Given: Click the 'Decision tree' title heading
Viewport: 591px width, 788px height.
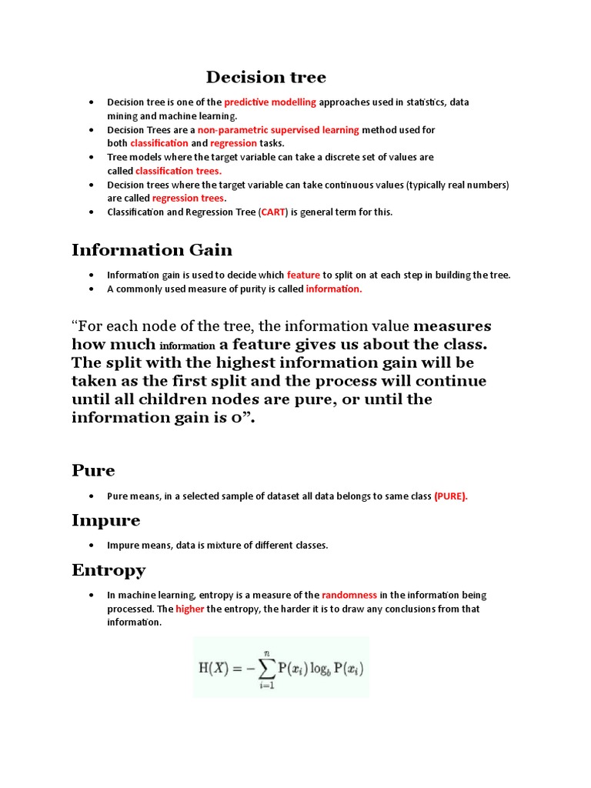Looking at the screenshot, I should pos(265,77).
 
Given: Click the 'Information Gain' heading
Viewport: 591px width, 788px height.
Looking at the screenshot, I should pos(152,249).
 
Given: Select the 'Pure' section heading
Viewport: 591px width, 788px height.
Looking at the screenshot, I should pos(93,470).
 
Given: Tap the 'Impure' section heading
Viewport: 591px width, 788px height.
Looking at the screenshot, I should pos(105,520).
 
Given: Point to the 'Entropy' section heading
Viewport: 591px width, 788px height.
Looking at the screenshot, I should pos(109,570).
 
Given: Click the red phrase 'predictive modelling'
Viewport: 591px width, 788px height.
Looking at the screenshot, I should pos(270,102).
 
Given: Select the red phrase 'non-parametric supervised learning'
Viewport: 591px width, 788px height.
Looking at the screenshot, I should pos(279,130).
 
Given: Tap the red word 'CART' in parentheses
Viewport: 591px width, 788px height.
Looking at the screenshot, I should pos(273,212).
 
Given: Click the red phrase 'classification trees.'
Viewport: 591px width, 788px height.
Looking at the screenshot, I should pos(179,171).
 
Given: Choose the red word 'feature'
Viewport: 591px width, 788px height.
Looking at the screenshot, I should pos(303,275).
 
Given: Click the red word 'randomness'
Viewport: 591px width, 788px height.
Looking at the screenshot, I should pos(349,595).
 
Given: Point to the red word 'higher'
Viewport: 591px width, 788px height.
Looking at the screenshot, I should pos(189,609).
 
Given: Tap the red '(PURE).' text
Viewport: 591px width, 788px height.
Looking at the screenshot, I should pos(451,496).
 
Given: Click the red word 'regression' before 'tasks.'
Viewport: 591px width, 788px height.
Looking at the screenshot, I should pos(233,143).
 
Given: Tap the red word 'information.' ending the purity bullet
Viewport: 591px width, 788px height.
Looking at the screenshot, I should pos(333,289).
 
